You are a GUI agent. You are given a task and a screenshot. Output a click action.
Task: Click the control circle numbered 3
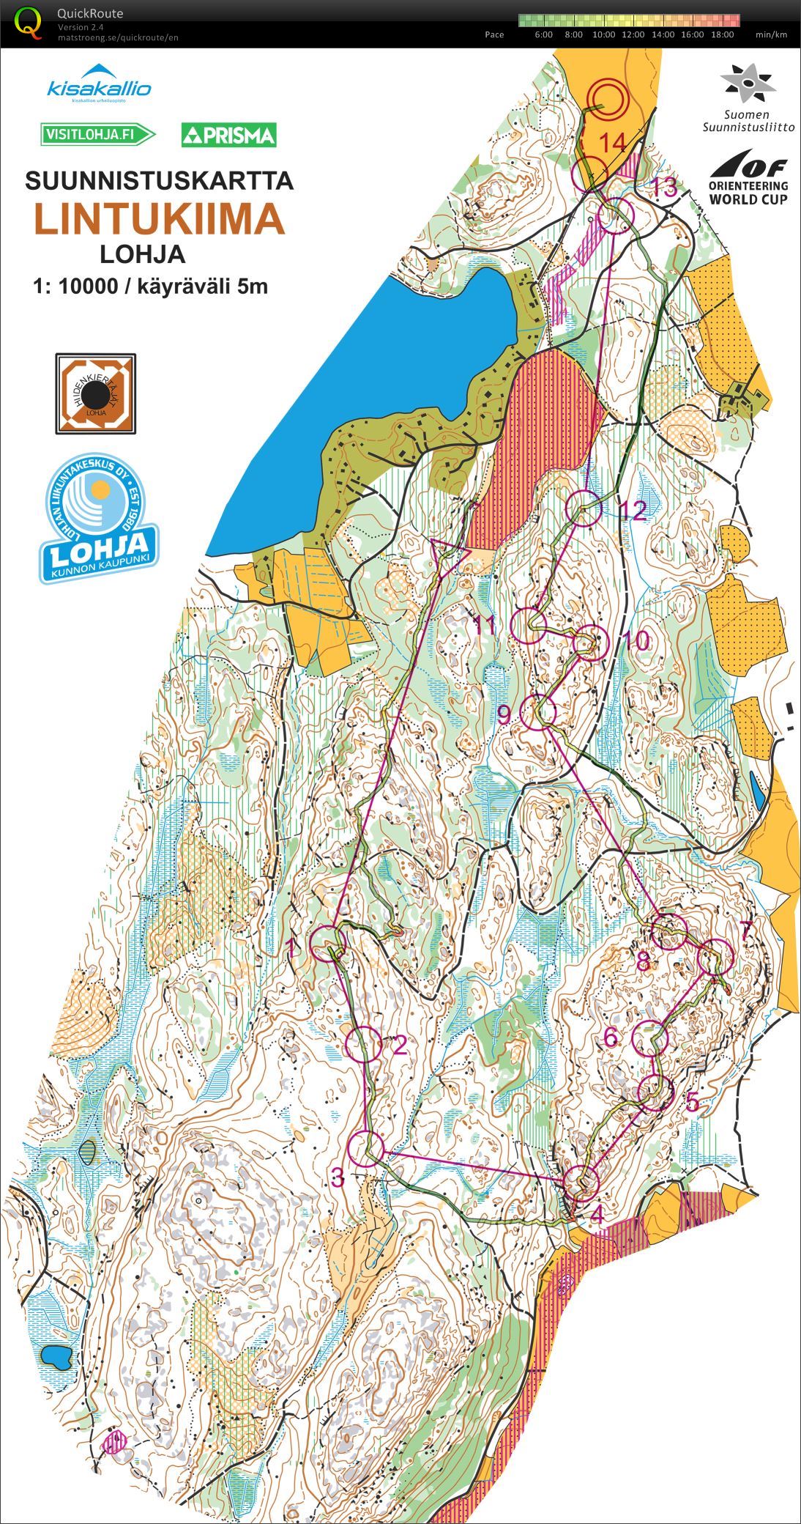(365, 1148)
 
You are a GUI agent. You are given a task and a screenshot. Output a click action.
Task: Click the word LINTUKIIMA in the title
(160, 218)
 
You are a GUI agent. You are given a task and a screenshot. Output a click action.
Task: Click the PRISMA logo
(229, 135)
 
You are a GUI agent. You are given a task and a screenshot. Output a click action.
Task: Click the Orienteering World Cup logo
(748, 178)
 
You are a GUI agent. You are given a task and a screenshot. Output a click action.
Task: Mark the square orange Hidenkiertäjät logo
(95, 393)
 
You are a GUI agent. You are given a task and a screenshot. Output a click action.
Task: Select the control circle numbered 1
(329, 943)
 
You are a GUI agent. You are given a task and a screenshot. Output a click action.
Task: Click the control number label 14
(614, 142)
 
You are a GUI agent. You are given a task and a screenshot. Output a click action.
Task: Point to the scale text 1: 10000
(75, 286)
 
